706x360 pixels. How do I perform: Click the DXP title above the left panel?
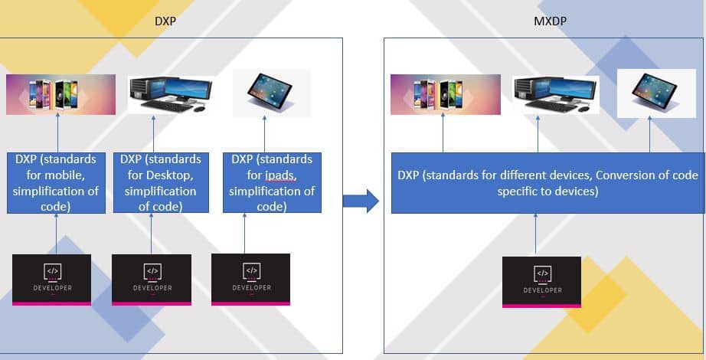tap(165, 21)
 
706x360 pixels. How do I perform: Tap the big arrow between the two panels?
tap(360, 201)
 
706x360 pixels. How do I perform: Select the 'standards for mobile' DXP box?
tap(56, 182)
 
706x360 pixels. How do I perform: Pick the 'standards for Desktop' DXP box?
tap(161, 182)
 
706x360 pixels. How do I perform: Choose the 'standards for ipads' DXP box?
tap(272, 182)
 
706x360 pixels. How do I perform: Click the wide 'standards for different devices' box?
tap(547, 182)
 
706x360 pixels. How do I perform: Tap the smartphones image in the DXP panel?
tap(60, 94)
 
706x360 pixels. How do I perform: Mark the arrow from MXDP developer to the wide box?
tap(535, 234)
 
